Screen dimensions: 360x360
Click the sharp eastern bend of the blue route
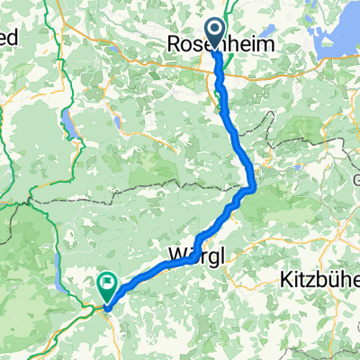255,187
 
